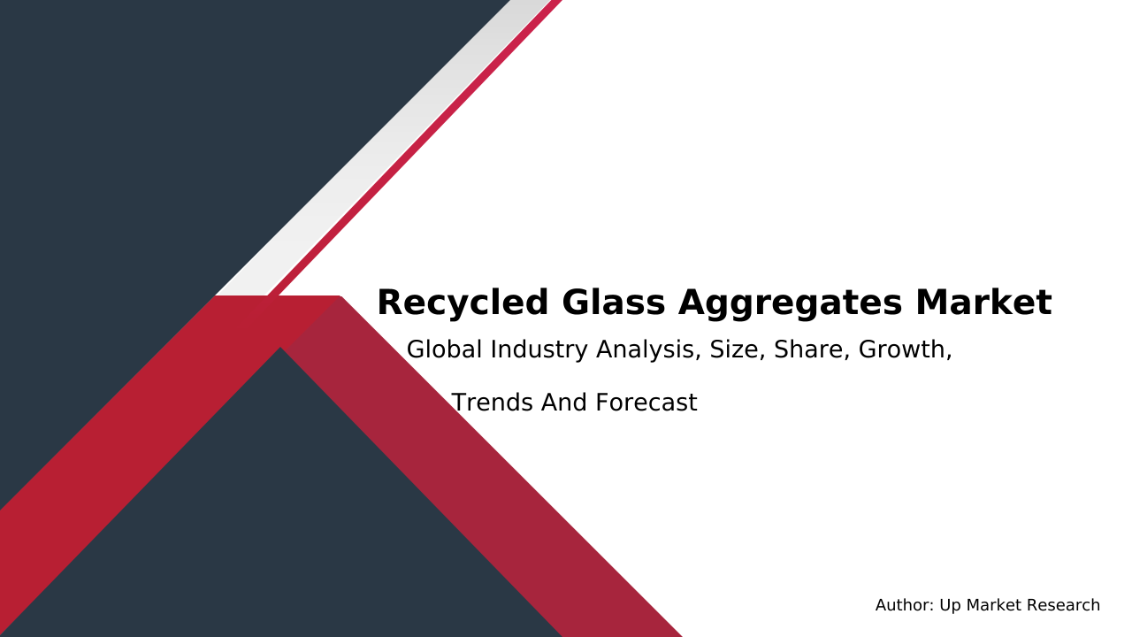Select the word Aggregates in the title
click(x=790, y=303)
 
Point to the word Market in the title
click(x=983, y=303)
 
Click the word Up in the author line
click(x=949, y=606)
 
